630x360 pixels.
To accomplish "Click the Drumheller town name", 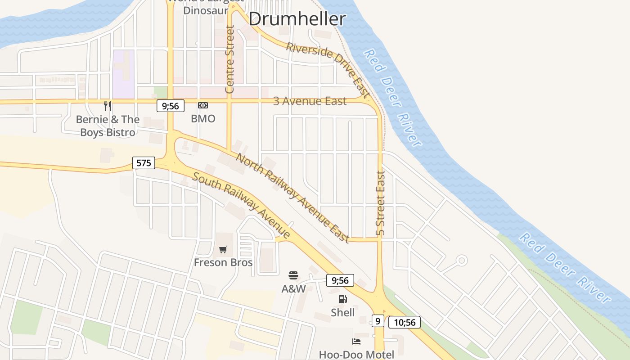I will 297,19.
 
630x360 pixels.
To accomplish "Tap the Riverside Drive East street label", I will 328,70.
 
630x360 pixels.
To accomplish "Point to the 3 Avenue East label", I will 310,101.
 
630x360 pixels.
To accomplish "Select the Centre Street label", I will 229,59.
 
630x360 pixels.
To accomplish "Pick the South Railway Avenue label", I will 241,205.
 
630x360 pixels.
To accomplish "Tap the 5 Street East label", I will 381,203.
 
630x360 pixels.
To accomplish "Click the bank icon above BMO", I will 203,105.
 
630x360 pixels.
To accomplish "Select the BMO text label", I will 203,119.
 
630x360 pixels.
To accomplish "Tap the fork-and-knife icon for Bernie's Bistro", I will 107,106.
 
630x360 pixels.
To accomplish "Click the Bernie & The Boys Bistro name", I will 108,126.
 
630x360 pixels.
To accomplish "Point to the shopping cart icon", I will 223,249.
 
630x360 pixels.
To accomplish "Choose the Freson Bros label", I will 223,262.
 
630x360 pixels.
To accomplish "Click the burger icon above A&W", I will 293,275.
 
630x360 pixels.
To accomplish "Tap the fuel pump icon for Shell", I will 342,299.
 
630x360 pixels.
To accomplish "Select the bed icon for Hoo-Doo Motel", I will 356,342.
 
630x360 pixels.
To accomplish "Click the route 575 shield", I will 144,162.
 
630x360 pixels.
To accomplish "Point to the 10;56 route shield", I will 404,322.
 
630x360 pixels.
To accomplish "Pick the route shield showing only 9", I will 378,321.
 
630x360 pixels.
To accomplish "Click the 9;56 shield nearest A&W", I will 340,280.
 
